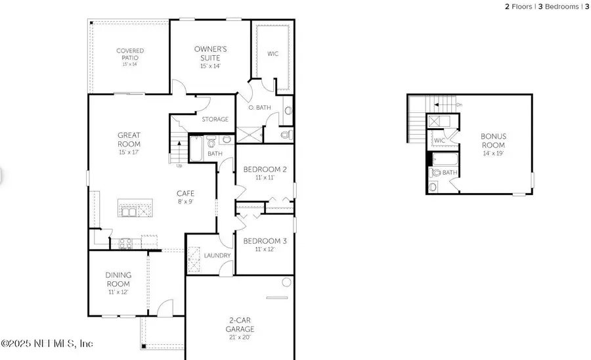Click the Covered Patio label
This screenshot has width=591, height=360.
coord(130,55)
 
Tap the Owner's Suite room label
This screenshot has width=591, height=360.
coord(210,53)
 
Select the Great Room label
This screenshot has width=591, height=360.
coord(129,140)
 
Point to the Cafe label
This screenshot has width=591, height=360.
coord(185,194)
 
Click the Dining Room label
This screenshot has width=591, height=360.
coord(119,279)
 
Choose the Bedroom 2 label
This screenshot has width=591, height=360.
coord(261,169)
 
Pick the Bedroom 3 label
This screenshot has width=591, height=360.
coord(261,240)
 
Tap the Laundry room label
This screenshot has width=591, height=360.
coord(216,256)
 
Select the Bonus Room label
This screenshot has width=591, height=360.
coord(496,141)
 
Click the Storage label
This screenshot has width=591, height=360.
coord(215,120)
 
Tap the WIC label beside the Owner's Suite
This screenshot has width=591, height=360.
coord(273,54)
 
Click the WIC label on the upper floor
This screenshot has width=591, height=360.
coord(440,141)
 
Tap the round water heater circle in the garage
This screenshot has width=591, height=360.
coord(286,282)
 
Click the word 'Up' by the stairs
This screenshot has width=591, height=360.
coord(179,166)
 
